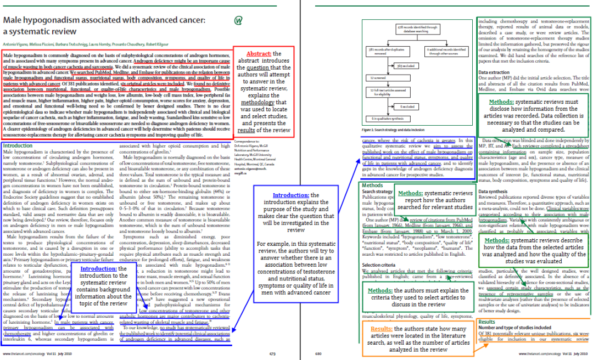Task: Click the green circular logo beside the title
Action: click(239, 21)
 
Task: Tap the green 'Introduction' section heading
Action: click(18, 146)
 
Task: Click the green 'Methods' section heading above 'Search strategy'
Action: click(373, 185)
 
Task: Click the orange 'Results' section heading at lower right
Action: click(486, 322)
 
